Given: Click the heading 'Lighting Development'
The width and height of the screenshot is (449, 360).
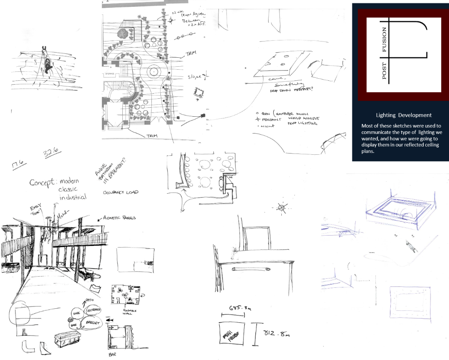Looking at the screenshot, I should point(403,115).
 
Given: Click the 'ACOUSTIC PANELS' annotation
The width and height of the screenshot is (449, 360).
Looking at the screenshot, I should point(120,217).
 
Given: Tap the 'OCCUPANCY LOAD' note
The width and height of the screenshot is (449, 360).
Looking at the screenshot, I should point(121,193).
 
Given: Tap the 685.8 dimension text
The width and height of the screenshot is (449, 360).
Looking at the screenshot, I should point(232,308).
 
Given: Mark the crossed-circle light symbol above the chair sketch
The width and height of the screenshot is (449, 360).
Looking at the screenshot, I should point(281,208).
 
